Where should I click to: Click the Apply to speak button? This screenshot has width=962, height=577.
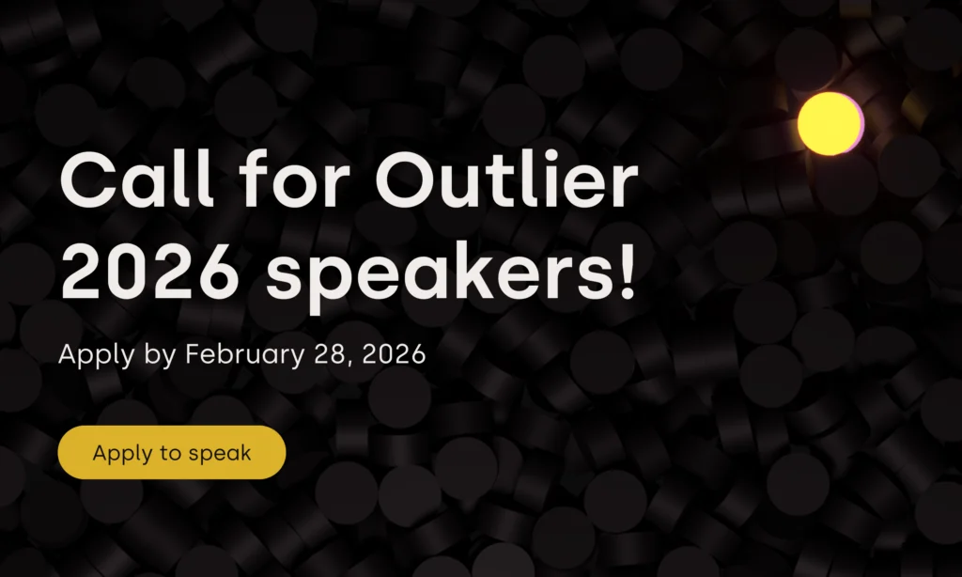pos(172,452)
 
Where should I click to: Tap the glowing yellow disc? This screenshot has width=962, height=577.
pos(830,123)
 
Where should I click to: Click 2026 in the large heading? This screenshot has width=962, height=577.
pos(148,270)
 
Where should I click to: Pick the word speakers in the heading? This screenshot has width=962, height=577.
pos(440,276)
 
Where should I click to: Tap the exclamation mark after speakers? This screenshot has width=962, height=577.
pos(627,270)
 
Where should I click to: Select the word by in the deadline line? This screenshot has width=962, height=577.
pos(160,355)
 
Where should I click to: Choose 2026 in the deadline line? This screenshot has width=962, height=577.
pos(394,354)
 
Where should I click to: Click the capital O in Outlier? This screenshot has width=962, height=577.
pos(405,179)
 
